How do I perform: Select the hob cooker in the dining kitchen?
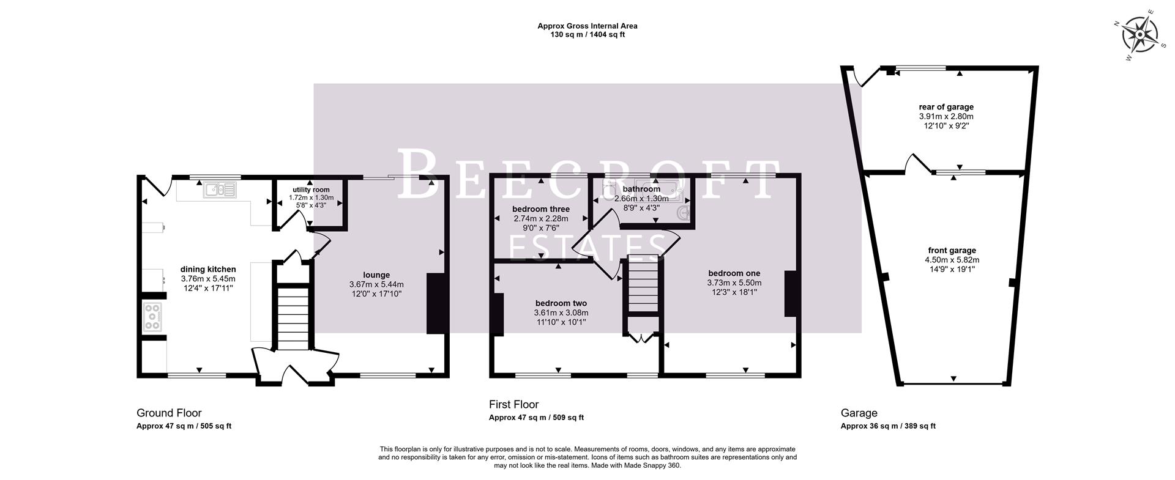[x=153, y=317]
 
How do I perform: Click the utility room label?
[x=311, y=190]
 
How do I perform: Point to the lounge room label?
[x=376, y=275]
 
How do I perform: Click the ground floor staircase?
[x=293, y=318]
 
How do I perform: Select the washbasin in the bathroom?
[x=685, y=213]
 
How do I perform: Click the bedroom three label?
[x=540, y=209]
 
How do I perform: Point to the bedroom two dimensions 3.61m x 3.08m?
[x=561, y=312]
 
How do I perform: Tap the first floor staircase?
[x=643, y=284]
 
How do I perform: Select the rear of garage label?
[x=946, y=107]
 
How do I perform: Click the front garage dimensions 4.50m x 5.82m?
[x=952, y=260]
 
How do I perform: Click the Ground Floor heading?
[x=169, y=413]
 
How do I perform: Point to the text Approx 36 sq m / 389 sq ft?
[x=887, y=426]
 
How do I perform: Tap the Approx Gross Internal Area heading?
[x=587, y=26]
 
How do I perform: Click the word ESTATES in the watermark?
[x=587, y=248]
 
